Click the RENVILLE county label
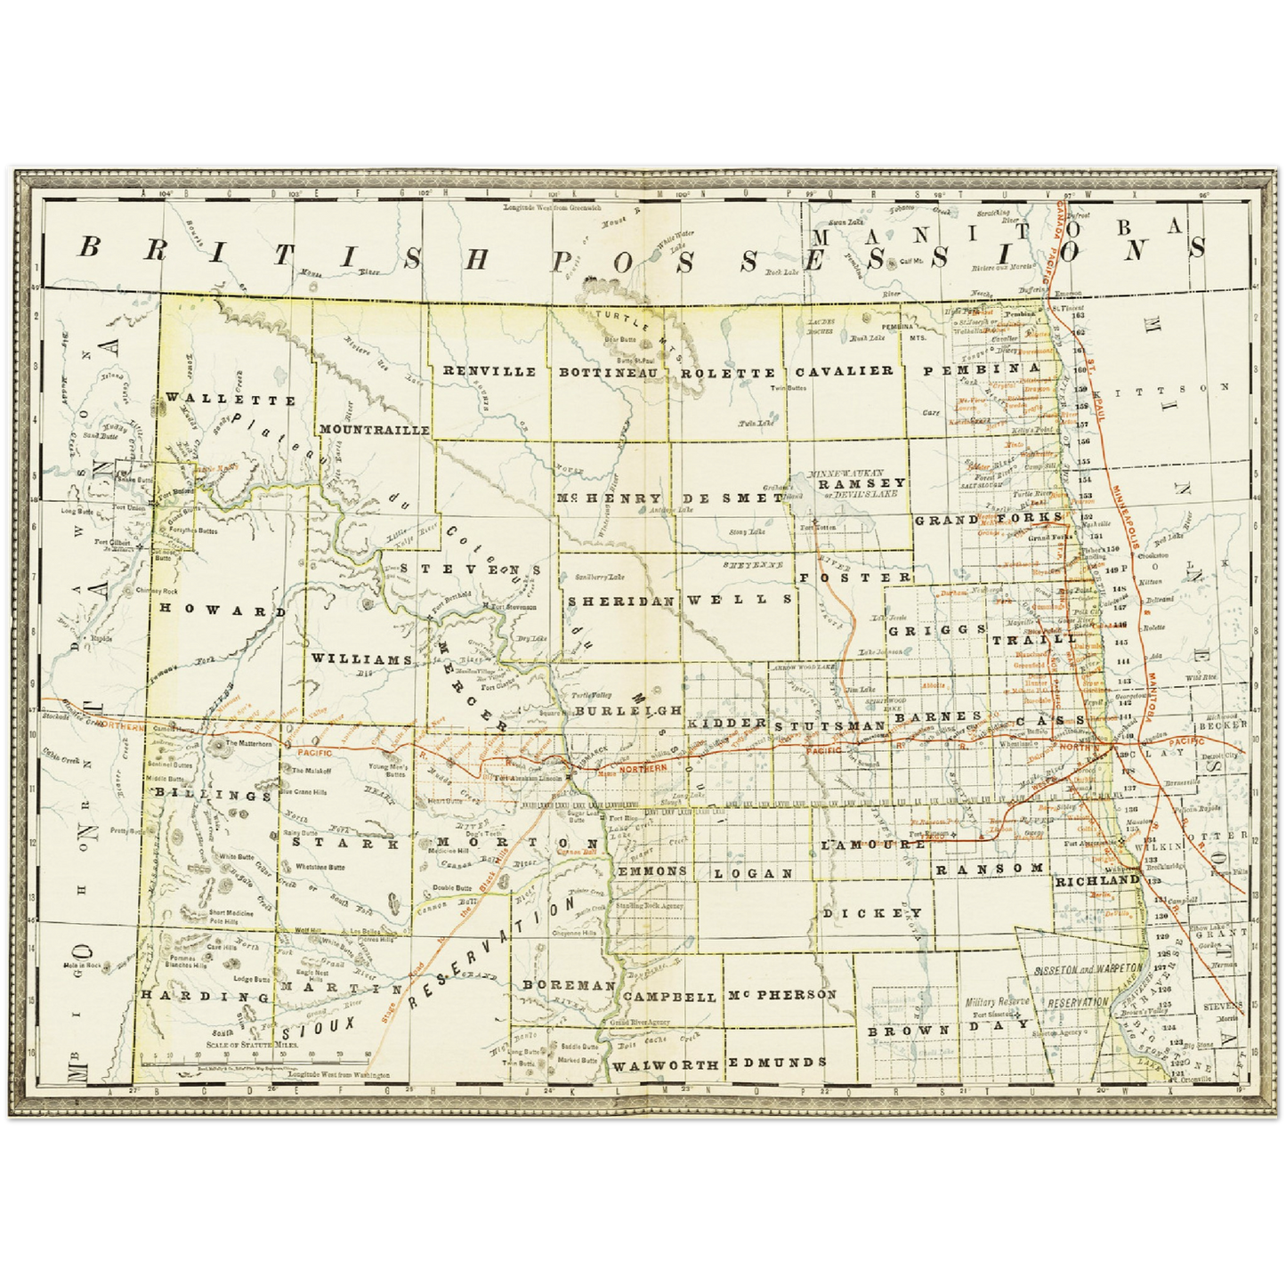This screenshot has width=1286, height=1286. point(489,371)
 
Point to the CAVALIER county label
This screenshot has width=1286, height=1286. point(844,370)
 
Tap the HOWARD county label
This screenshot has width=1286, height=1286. point(223,611)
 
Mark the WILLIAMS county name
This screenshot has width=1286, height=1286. point(361,659)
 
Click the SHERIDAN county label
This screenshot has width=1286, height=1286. point(622,600)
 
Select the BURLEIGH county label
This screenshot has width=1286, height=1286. point(627,711)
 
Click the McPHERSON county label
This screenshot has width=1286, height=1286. point(782,994)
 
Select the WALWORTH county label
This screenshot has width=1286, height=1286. point(666,1064)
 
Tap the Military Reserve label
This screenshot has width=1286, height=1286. point(997,1002)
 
